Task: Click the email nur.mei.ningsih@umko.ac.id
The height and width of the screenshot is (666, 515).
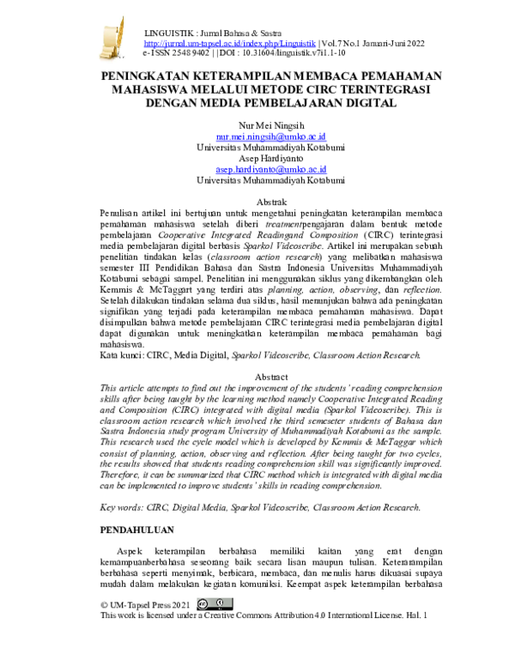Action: coord(270,136)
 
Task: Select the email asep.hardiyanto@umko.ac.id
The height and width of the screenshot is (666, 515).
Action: coord(270,170)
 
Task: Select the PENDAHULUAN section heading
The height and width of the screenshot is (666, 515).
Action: coord(137,530)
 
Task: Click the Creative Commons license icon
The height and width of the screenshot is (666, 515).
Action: coord(214,604)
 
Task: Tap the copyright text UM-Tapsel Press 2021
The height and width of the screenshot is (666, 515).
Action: coord(150,605)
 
